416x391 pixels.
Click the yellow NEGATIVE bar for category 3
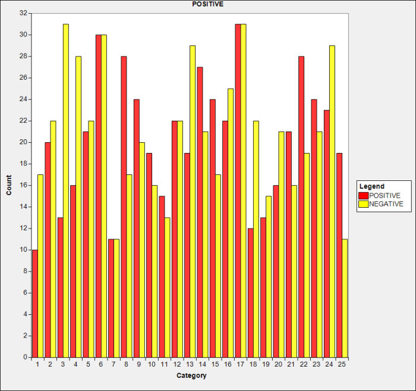[66, 190]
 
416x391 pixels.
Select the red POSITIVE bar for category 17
[238, 190]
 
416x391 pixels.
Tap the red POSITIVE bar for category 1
[35, 304]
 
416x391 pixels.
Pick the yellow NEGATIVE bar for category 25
[345, 298]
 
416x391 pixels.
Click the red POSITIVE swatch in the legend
[363, 195]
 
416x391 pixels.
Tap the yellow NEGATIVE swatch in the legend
[363, 204]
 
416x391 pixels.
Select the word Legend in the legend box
[371, 186]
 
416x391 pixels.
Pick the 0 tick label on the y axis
[24, 357]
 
